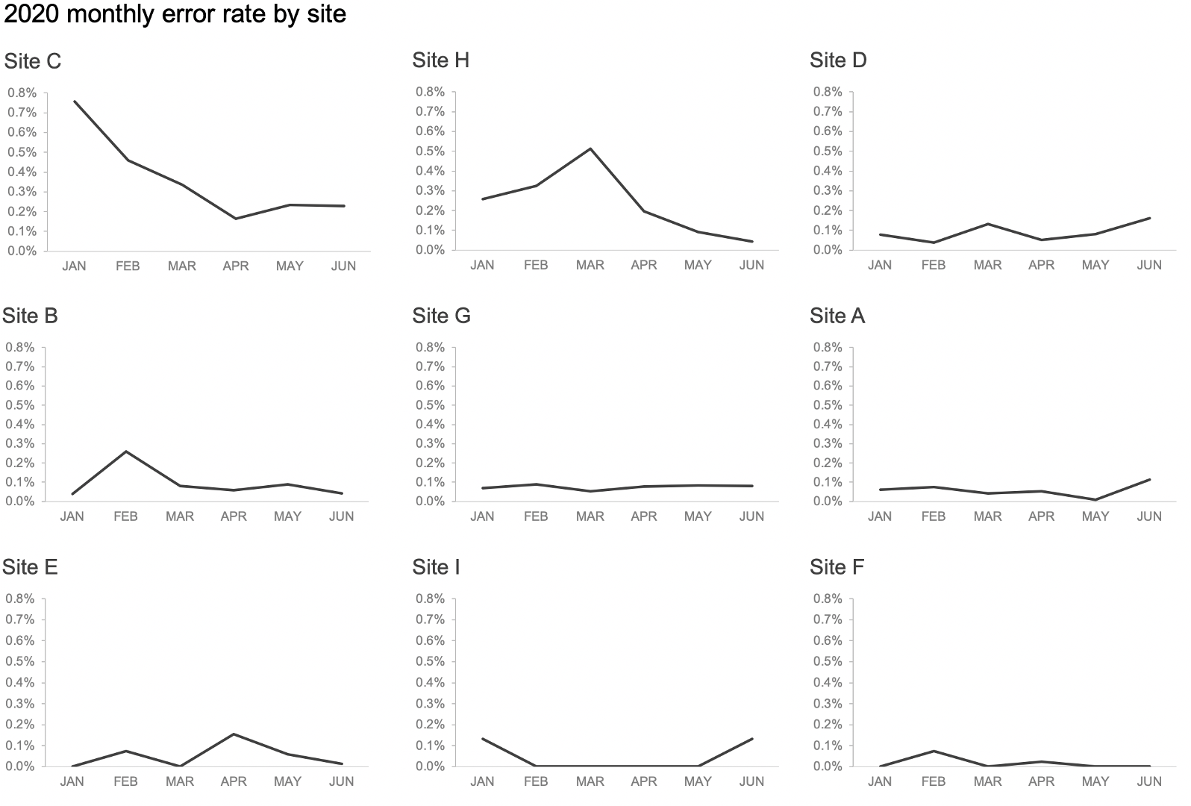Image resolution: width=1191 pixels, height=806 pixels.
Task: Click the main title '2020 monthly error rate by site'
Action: tap(175, 14)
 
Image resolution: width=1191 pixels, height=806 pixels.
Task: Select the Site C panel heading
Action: tap(33, 61)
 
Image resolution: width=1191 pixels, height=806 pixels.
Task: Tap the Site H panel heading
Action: tap(441, 60)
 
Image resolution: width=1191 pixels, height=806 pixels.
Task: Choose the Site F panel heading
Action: tap(837, 567)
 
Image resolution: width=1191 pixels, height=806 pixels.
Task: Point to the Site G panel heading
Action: tap(441, 316)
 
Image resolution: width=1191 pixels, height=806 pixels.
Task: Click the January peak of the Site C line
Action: tap(75, 101)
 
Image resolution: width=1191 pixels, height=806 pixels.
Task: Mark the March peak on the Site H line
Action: tap(590, 149)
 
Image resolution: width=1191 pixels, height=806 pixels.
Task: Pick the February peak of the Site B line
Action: tap(126, 452)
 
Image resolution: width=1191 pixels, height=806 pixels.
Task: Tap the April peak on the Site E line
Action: tap(234, 734)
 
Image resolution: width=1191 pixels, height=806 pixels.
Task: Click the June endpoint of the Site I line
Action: tap(751, 739)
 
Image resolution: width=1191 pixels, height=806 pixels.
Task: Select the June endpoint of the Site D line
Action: tap(1149, 218)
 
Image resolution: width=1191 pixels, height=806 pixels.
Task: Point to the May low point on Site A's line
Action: tap(1095, 500)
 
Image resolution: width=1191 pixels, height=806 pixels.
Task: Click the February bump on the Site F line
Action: tap(934, 752)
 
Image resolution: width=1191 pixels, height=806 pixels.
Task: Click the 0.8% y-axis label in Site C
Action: tap(22, 93)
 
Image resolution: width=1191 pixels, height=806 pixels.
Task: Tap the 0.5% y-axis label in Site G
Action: tap(430, 405)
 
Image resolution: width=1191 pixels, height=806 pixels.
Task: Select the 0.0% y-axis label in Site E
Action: tap(19, 766)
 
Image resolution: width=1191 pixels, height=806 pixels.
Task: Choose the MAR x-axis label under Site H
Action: tap(590, 265)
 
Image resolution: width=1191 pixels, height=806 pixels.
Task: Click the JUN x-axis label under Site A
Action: tap(1149, 516)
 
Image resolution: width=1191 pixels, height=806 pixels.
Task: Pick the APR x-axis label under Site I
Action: tap(644, 781)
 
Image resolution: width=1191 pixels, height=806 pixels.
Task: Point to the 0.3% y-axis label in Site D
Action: tap(828, 191)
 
